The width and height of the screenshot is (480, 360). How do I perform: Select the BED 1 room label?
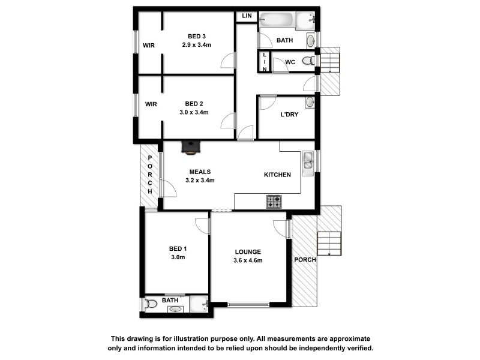[178, 249]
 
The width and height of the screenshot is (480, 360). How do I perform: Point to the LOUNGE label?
[248, 251]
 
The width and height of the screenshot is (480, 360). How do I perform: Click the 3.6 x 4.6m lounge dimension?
[248, 260]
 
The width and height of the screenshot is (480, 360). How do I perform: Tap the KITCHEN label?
[277, 175]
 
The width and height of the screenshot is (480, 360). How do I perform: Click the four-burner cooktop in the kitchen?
[274, 202]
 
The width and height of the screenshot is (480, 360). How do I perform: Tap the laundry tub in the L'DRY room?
[309, 102]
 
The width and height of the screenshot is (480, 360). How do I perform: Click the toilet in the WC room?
[308, 61]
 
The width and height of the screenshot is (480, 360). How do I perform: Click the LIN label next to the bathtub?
[246, 16]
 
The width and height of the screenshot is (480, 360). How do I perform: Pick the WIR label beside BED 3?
[149, 46]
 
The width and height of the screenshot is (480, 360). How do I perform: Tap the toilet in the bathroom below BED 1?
[151, 305]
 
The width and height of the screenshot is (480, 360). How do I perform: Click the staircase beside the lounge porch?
[329, 244]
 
